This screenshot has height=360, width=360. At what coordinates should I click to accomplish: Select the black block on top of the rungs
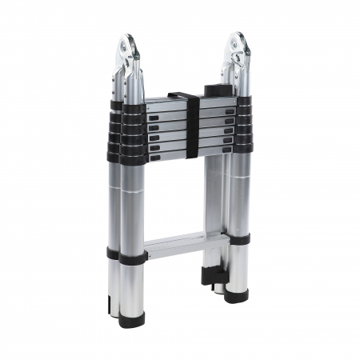[215, 89]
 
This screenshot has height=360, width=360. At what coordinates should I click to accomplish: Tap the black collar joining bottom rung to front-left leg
[125, 254]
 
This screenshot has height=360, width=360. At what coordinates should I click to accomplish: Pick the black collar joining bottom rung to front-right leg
[238, 238]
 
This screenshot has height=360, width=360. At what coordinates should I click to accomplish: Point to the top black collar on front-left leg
[129, 107]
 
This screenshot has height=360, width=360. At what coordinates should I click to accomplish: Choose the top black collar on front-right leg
[242, 102]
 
